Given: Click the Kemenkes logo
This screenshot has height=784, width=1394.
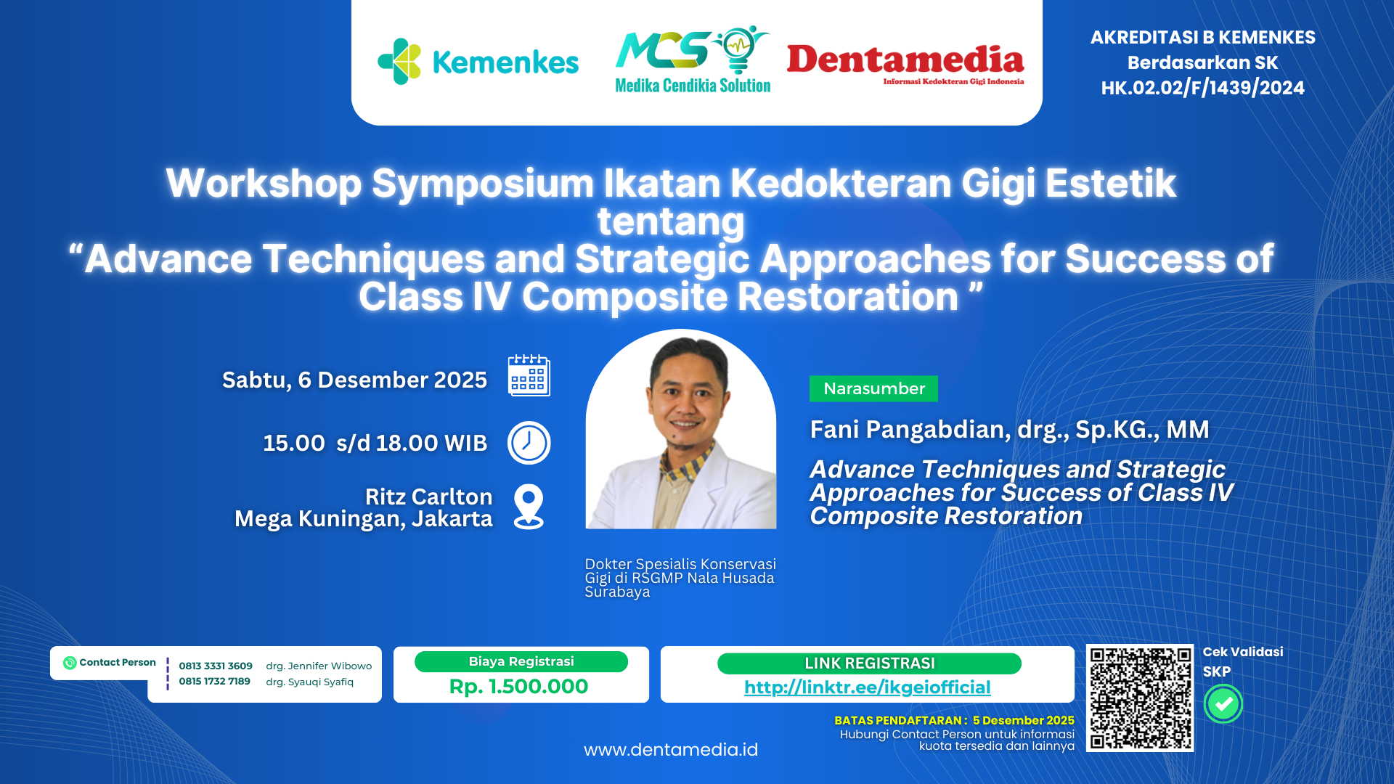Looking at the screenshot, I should pos(478,62).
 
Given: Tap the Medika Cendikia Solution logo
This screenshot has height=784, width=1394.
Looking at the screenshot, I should pos(693,61).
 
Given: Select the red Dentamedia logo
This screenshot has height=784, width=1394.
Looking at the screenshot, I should pos(905,62).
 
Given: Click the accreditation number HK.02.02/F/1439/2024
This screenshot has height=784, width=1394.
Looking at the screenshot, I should pos(1202,88).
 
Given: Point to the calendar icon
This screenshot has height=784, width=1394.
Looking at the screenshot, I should pos(529,375).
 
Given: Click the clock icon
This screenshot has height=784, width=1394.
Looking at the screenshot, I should pos(529,443).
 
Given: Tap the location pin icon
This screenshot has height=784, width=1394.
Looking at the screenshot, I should pos(529,506).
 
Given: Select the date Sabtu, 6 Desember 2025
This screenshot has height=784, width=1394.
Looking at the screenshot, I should pos(354,380).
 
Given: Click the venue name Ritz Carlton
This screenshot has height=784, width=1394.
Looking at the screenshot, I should pos(428,497).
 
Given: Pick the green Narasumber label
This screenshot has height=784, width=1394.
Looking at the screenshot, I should pos(873,388).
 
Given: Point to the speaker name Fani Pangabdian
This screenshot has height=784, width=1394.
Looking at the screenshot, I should pos(908,429).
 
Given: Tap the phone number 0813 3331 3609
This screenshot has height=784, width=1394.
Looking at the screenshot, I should pos(216,666).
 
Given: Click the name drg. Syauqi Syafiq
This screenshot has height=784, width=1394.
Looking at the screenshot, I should pos(309,682).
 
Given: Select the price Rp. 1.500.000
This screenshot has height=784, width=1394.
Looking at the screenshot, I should pos(518,686).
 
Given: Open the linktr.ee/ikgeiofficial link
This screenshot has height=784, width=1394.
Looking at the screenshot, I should pos(867,687).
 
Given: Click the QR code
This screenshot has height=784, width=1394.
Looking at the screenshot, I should pos(1139,698).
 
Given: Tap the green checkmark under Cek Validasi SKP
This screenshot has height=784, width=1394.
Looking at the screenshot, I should pos(1223,703).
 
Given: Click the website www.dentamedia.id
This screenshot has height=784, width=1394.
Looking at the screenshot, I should pos(670,749).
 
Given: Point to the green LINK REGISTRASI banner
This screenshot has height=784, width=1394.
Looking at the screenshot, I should pos(869,663).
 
